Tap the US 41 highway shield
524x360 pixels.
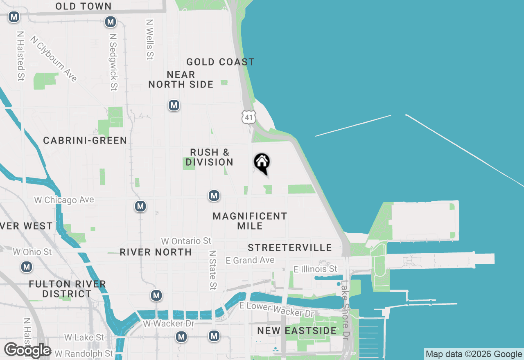click(x=249, y=117)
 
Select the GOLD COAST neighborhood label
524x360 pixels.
click(x=220, y=62)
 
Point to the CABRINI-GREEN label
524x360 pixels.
click(x=85, y=140)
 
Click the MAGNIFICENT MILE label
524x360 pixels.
click(x=250, y=221)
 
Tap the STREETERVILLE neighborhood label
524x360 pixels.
click(x=290, y=248)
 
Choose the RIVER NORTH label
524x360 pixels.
click(x=156, y=252)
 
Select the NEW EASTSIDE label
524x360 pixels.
click(x=297, y=331)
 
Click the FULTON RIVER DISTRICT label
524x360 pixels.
click(x=68, y=289)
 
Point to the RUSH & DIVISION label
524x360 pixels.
click(x=209, y=157)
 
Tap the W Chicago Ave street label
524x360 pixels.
click(x=64, y=200)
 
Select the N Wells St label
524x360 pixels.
click(x=150, y=39)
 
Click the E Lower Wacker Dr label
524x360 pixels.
click(x=277, y=309)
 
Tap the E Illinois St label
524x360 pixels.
click(x=316, y=269)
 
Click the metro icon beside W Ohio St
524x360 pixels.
click(x=27, y=267)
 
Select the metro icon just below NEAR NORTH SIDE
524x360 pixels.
click(x=174, y=105)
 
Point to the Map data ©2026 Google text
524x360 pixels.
click(x=474, y=354)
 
